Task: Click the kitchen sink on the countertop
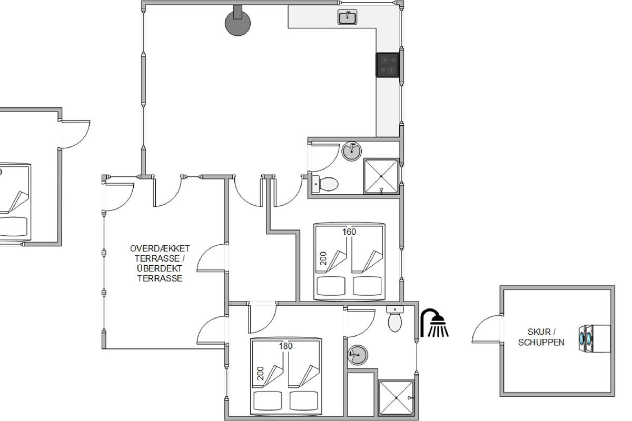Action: (x=347, y=17)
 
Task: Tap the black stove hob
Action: (x=388, y=65)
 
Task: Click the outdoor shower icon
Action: (x=434, y=323)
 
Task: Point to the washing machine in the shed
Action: (x=594, y=339)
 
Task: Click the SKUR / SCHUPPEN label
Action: (x=541, y=337)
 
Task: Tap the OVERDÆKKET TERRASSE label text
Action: (x=160, y=253)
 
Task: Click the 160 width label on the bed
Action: (x=349, y=232)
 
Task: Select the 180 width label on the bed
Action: (x=286, y=346)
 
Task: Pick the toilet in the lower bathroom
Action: (x=394, y=319)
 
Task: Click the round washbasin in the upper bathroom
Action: (x=352, y=151)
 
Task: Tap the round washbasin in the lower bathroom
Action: (x=358, y=355)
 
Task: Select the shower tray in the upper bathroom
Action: (x=381, y=176)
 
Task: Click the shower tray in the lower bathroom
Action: (x=396, y=398)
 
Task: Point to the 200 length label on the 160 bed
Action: (x=323, y=258)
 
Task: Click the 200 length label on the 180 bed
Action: (x=260, y=373)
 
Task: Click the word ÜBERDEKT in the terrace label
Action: (x=160, y=268)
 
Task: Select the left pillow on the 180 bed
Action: (x=268, y=400)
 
